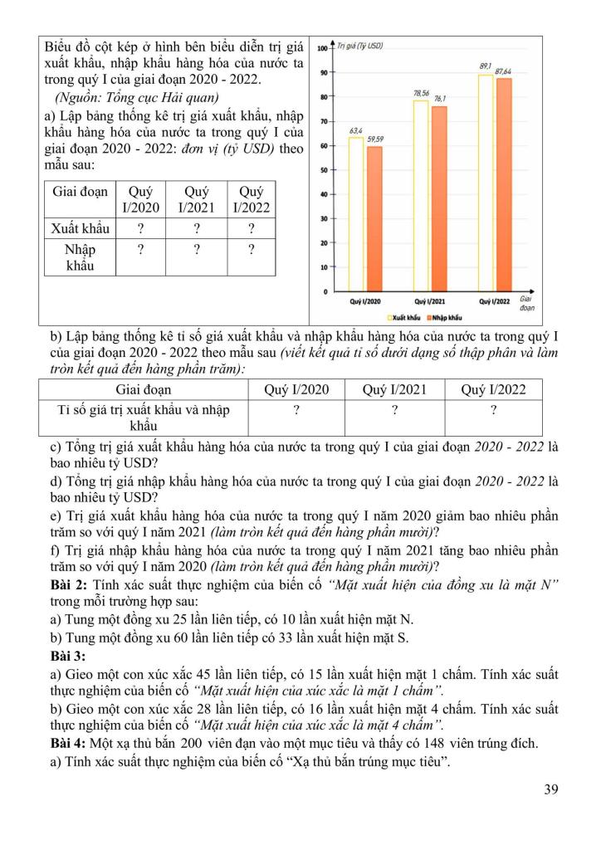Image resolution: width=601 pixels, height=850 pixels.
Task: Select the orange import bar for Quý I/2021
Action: [x=439, y=199]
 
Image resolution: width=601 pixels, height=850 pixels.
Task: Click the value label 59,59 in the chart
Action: [x=375, y=139]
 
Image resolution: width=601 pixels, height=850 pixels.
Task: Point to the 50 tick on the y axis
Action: [x=324, y=170]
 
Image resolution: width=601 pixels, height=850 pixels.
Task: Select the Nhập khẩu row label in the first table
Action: [x=79, y=257]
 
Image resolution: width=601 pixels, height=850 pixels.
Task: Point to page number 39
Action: [x=550, y=789]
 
